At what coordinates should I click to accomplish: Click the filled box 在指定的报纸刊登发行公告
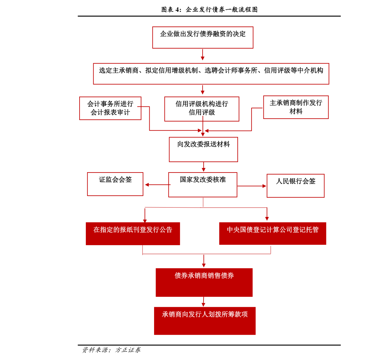click(133, 234)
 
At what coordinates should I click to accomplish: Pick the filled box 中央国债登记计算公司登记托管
click(272, 234)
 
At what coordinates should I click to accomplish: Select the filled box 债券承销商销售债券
click(204, 282)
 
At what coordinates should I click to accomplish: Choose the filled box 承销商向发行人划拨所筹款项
click(205, 321)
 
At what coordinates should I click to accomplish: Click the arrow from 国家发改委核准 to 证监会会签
click(158, 185)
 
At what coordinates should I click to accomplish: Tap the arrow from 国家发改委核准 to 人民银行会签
click(252, 186)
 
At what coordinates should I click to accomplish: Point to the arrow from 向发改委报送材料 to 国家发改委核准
click(204, 167)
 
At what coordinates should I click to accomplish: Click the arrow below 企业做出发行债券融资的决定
click(203, 55)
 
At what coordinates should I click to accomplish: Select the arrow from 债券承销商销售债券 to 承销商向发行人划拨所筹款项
click(203, 302)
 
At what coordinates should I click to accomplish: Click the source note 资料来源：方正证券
click(111, 350)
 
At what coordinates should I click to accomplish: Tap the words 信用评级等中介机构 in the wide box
click(293, 70)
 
